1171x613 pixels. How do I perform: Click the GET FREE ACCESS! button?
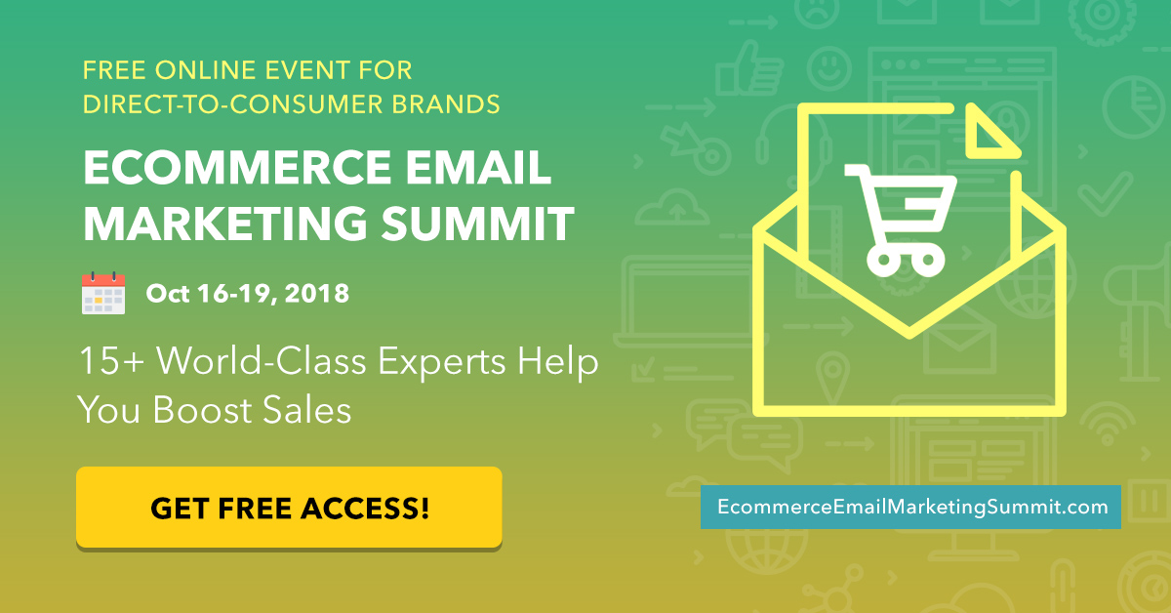289,508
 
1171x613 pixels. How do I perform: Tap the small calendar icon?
103,293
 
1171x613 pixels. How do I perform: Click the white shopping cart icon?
900,221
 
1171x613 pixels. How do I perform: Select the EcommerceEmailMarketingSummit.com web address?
912,507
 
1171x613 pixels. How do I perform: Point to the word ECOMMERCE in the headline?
237,167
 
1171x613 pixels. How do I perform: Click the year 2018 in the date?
317,294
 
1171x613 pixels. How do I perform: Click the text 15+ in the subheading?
112,360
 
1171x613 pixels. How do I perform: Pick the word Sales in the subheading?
306,410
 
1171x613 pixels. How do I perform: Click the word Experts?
442,362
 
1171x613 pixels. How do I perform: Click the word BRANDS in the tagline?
446,104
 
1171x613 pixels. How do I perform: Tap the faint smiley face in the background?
829,68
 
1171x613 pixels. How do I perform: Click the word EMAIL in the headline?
478,167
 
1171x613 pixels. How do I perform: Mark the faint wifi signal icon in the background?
1108,424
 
